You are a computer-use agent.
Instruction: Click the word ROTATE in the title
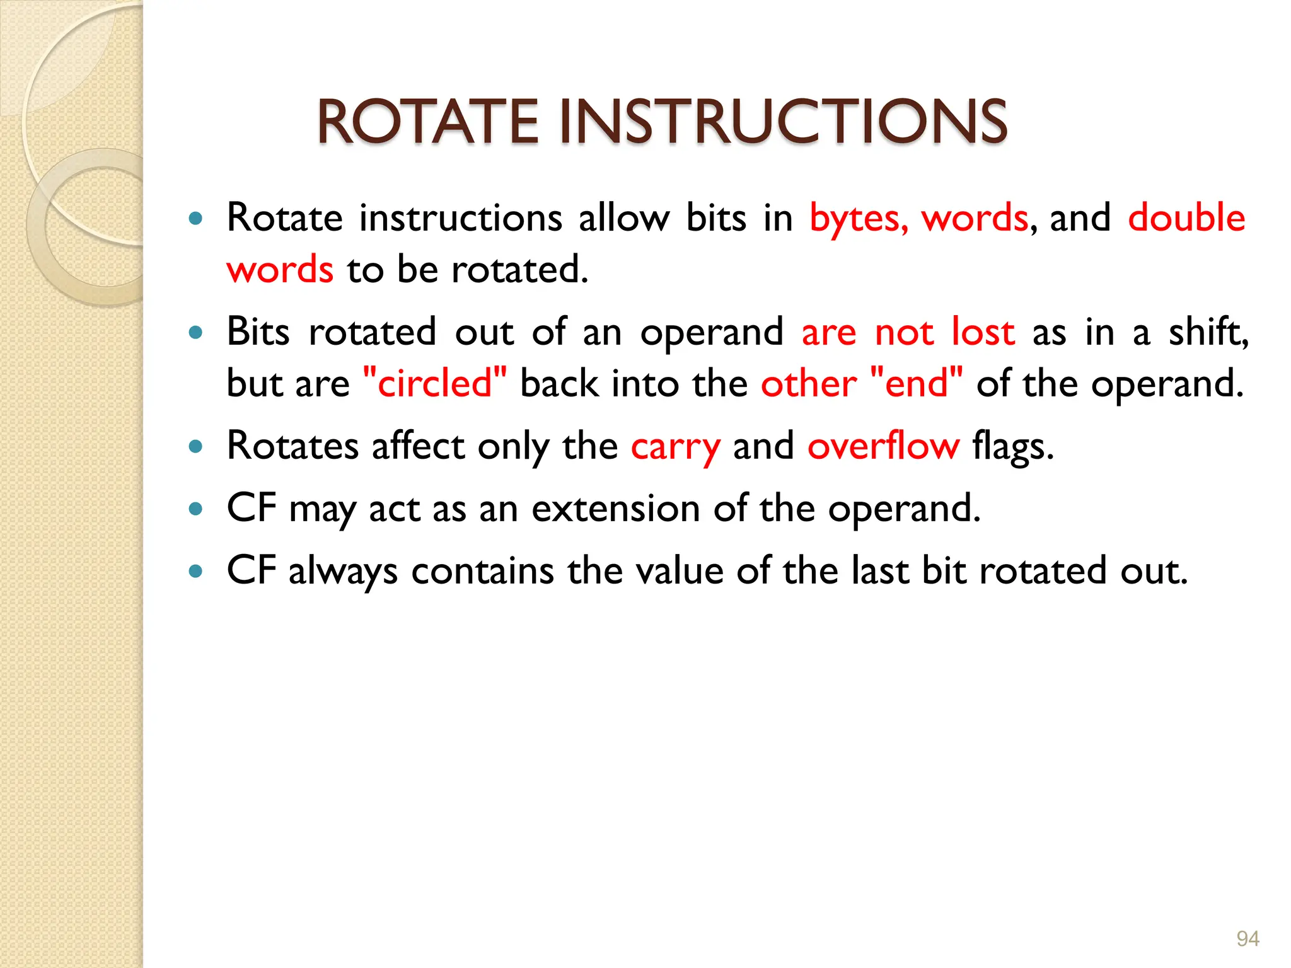(427, 122)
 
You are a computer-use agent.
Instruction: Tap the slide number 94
(1248, 938)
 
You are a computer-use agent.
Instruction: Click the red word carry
(675, 447)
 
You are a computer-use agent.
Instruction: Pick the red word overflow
(883, 446)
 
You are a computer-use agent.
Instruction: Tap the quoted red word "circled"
(435, 383)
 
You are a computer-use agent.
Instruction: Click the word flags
(1012, 446)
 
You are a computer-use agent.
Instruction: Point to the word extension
(615, 509)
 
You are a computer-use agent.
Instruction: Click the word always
(343, 572)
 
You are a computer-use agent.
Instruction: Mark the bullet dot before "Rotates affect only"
(196, 447)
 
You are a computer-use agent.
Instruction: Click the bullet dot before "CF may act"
(196, 509)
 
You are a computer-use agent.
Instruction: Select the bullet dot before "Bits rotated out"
(196, 332)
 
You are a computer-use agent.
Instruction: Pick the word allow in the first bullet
(624, 218)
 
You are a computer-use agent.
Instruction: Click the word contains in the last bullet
(482, 571)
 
